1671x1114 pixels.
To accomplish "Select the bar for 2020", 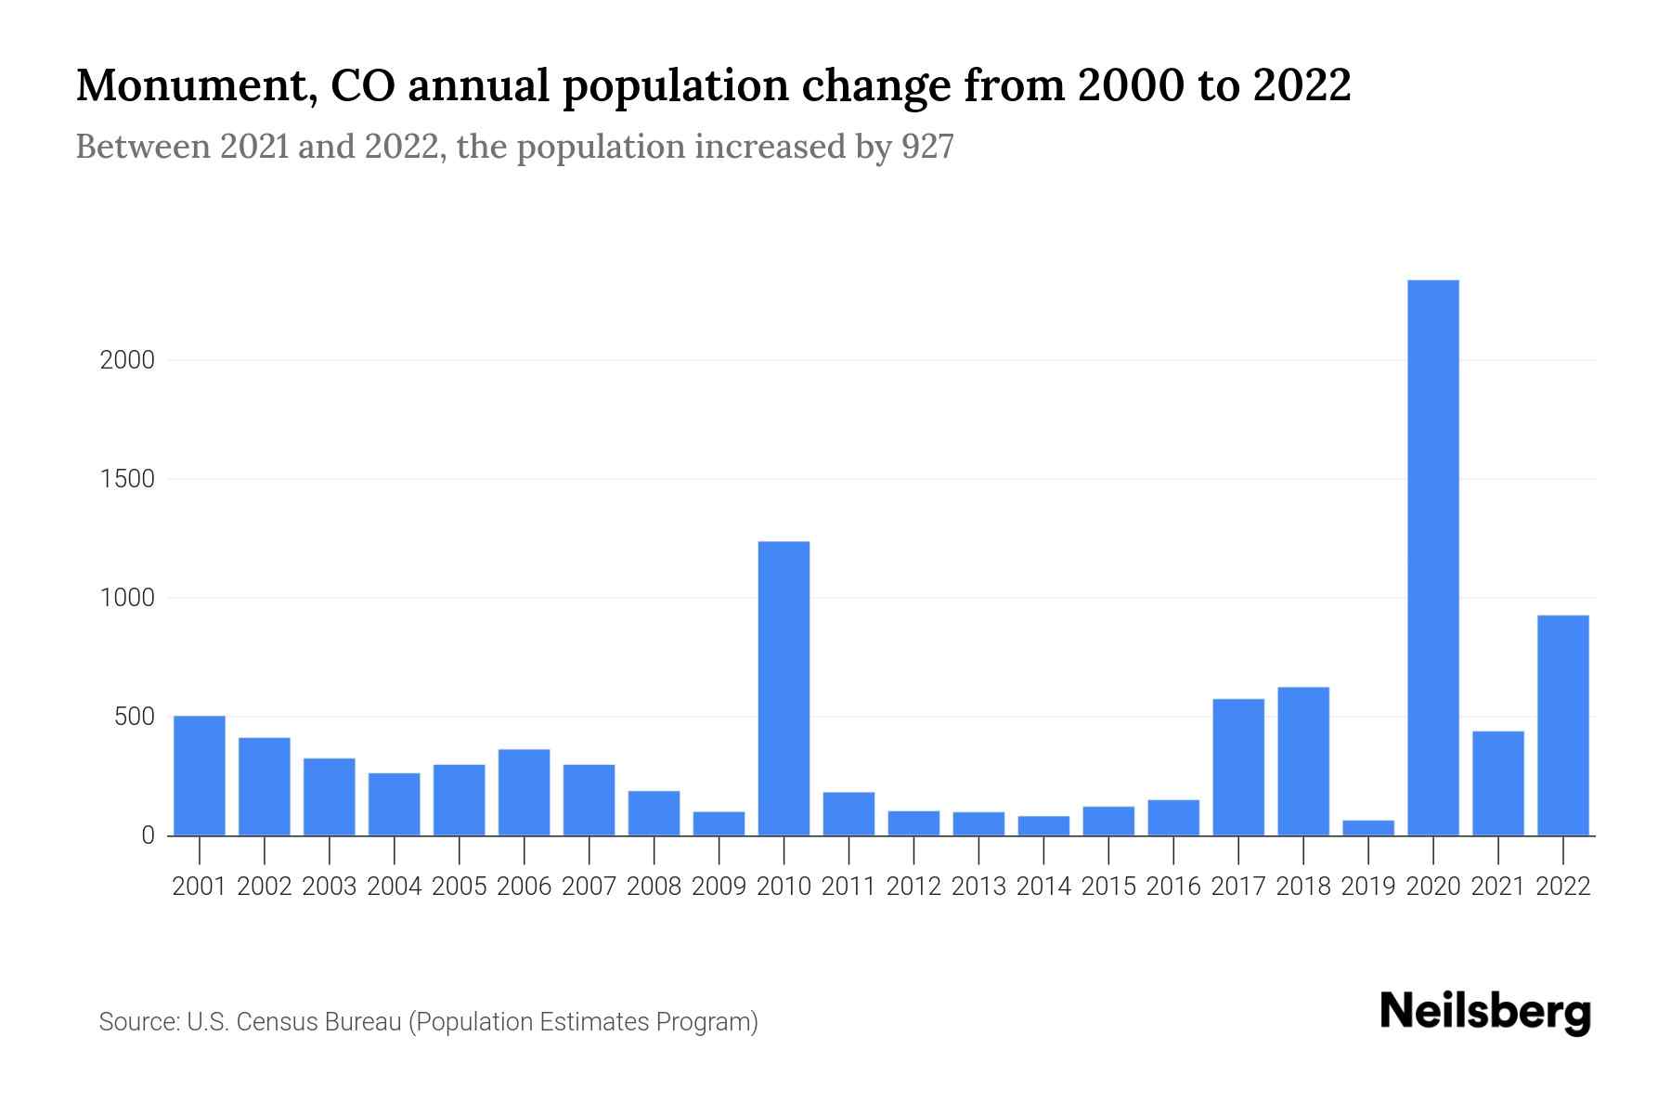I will coord(1433,557).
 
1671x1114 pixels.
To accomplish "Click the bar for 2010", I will coord(784,688).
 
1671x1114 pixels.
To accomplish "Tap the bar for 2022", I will coord(1563,725).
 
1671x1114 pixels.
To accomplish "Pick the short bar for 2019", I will coord(1368,828).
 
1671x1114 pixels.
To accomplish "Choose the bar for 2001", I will coord(200,775).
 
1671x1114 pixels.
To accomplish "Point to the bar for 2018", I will coord(1303,761).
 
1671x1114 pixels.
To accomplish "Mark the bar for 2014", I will coord(1043,826).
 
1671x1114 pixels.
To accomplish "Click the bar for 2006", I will coord(524,792).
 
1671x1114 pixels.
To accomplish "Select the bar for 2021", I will coord(1498,784).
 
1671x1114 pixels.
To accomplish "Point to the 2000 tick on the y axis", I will coord(127,360).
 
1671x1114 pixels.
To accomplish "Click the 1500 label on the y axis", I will coord(127,479).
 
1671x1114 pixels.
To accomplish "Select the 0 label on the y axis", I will coord(148,835).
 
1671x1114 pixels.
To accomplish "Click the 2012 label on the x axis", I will coord(913,887).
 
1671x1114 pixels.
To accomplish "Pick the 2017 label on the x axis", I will coord(1238,887).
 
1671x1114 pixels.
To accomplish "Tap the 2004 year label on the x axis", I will coord(395,887).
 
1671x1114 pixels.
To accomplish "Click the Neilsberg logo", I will coord(1485,1012).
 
